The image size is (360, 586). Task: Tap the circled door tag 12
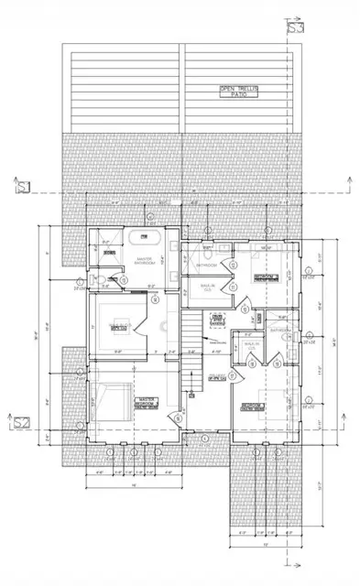234,265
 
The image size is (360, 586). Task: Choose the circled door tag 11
234,288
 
